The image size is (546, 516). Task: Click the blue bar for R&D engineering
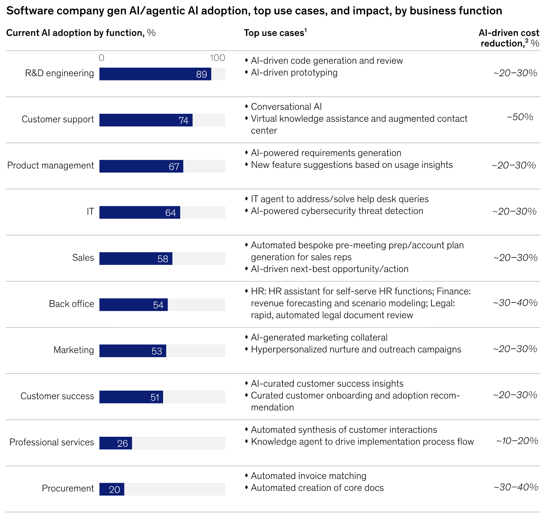(155, 74)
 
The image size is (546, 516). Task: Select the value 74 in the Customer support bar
(184, 120)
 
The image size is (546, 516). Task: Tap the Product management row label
(51, 165)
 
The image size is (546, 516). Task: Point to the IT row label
(90, 211)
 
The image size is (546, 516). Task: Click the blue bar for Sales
(136, 259)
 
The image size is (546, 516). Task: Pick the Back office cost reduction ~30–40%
(515, 303)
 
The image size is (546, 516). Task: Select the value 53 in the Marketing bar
(157, 351)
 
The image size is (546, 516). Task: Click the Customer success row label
(57, 396)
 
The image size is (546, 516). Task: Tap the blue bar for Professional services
(116, 443)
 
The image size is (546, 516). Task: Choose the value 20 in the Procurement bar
(115, 490)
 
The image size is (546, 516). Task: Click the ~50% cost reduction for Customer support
(520, 117)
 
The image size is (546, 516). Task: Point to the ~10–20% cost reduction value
(517, 441)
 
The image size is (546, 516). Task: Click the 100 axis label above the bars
(217, 58)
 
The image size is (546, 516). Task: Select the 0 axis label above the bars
(101, 58)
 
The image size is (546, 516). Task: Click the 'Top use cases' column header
(274, 33)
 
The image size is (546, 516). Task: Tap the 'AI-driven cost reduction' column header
(509, 38)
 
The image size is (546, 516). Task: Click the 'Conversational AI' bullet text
(286, 107)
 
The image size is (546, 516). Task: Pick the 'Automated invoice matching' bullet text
(309, 476)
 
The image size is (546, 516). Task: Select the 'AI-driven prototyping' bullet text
(294, 73)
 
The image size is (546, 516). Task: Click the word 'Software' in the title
(27, 11)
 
